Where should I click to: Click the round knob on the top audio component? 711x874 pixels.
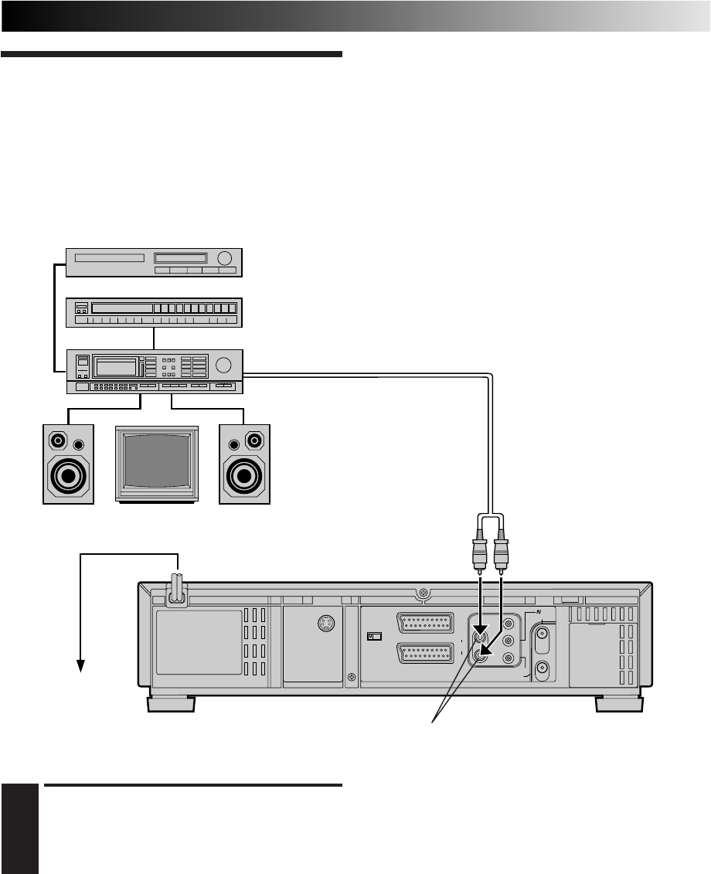225,258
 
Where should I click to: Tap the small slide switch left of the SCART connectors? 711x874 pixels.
374,637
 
